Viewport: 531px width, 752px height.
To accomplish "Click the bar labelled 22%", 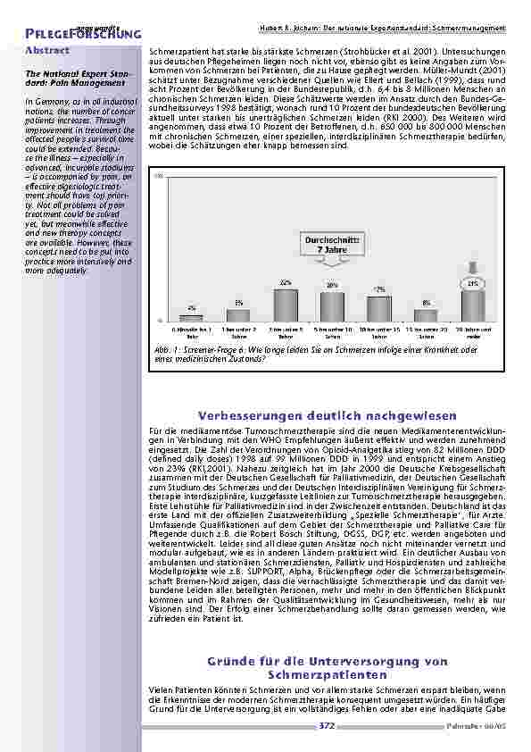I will click(x=286, y=304).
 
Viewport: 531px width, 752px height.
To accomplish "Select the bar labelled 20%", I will click(x=332, y=305).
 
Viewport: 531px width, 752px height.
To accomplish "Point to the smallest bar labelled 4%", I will click(x=192, y=316).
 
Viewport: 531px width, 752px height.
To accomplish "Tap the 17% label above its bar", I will click(x=379, y=290).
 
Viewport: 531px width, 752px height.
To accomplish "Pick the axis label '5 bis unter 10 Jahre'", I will click(x=332, y=332).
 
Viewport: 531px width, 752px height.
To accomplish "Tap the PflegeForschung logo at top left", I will click(x=71, y=32).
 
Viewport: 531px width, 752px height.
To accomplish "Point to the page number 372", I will click(x=327, y=727).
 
